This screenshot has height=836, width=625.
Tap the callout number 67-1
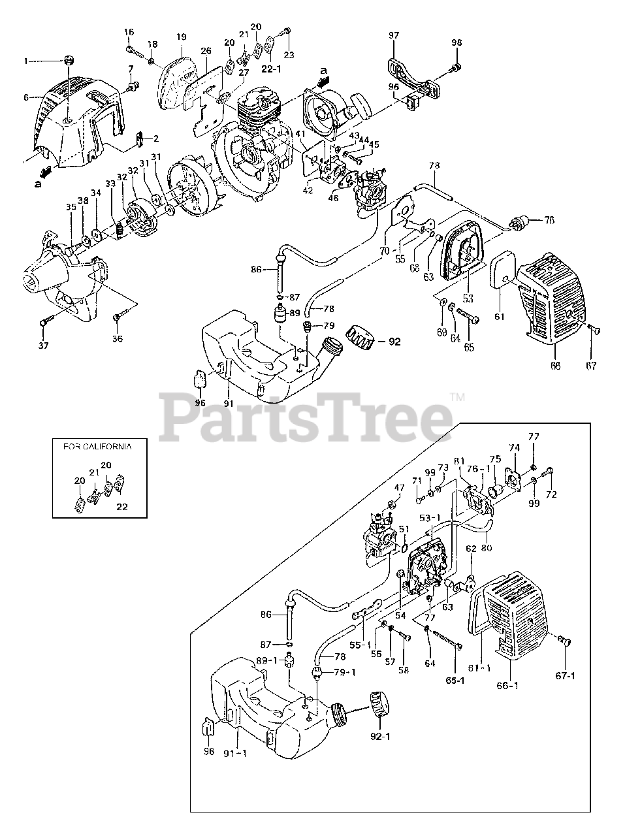point(566,674)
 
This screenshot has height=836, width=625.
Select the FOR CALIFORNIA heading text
point(97,447)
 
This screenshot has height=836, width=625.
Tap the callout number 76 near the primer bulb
point(549,221)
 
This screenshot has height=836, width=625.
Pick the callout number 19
point(180,37)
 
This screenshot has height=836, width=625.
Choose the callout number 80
point(486,549)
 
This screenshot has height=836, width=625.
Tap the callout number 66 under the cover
point(555,365)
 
